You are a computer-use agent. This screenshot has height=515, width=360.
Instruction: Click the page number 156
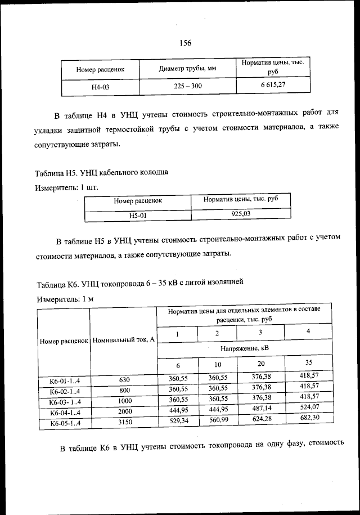pos(186,43)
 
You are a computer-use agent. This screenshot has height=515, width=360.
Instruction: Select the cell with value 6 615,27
pos(274,85)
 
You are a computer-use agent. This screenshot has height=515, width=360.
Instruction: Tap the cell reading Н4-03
pos(101,87)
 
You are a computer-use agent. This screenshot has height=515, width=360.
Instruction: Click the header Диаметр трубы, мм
pos(188,69)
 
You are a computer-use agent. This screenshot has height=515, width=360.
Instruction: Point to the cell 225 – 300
pos(188,86)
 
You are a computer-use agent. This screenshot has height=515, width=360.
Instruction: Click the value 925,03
pos(241,213)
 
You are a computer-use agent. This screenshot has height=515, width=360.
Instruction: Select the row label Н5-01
pos(138,215)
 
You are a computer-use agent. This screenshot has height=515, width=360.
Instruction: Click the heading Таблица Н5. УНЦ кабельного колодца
pos(101,172)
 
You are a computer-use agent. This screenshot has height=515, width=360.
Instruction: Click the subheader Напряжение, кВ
pos(244,348)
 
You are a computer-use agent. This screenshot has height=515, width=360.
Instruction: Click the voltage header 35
pos(308,362)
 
